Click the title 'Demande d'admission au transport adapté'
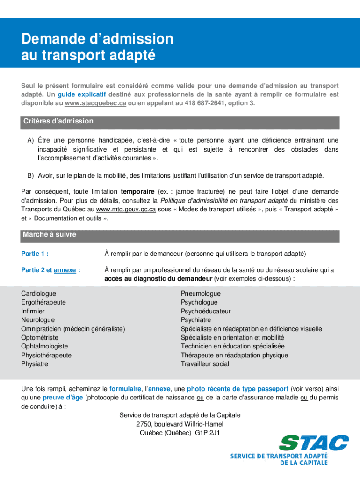click(97, 47)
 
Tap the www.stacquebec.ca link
click(95, 103)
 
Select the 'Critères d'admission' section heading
click(58, 122)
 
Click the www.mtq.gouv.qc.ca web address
click(126, 210)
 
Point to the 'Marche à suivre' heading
click(49, 235)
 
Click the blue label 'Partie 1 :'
click(35, 254)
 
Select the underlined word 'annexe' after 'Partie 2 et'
click(65, 270)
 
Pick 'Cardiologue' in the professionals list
click(38, 294)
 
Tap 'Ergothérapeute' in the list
click(43, 302)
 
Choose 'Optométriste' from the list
click(40, 338)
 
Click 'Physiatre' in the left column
click(35, 364)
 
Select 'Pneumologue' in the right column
click(201, 294)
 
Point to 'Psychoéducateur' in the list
click(206, 312)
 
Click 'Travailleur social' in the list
click(205, 364)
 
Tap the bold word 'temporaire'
click(137, 192)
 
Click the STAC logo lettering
click(314, 443)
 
